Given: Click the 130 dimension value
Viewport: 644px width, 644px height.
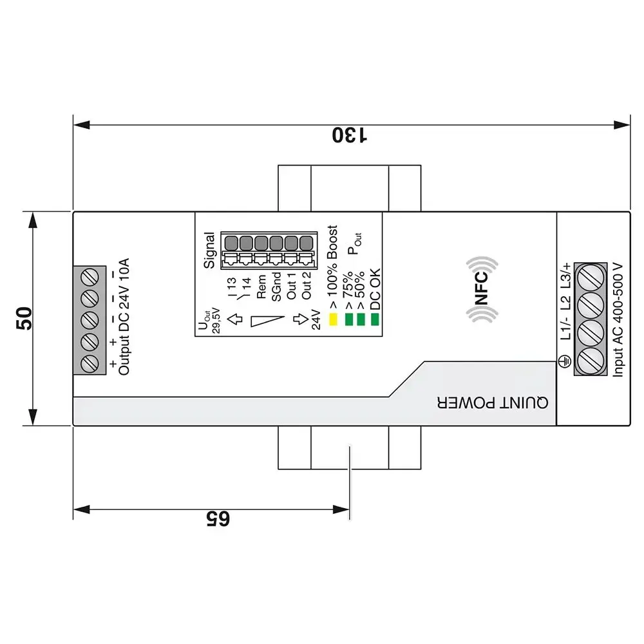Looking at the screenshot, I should [x=350, y=135].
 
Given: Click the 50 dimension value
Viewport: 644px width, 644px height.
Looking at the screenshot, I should [x=24, y=319].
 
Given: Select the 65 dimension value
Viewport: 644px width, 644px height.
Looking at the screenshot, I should [x=217, y=519].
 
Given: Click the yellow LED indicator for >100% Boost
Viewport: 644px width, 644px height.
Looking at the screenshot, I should [x=334, y=319].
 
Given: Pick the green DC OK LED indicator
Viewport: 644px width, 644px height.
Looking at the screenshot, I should [x=375, y=319].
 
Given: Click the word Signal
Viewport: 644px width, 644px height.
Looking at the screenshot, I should [x=209, y=251].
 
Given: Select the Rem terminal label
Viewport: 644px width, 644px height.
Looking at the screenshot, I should [x=261, y=286].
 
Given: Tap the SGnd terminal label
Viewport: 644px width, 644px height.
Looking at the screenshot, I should [x=276, y=286].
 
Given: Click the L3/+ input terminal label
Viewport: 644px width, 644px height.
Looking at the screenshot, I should [x=565, y=275].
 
